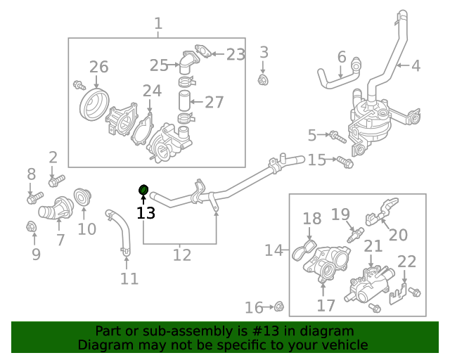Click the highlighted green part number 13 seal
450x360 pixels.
143,190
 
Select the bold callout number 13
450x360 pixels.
146,212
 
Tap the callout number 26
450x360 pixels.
99,67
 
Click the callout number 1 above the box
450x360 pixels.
158,23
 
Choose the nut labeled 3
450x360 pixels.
264,79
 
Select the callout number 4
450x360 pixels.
416,66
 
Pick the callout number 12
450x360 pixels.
181,255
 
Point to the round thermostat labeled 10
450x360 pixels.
84,198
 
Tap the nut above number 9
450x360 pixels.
31,226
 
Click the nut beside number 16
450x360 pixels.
278,306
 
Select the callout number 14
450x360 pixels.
274,250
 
